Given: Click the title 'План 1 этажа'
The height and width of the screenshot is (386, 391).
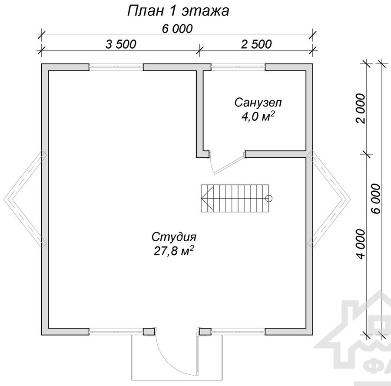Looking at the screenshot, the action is click(178, 11).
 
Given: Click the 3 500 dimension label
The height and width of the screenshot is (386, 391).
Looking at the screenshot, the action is click(121, 44).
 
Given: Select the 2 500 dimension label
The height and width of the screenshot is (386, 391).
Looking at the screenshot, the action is click(256, 44).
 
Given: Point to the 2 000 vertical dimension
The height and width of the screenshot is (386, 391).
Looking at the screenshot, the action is click(361, 109).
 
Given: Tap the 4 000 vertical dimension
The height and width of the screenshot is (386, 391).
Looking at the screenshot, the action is click(361, 244).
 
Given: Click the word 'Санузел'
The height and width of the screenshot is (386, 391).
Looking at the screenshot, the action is click(258, 103).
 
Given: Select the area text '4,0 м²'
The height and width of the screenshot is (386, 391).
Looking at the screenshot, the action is click(258, 116).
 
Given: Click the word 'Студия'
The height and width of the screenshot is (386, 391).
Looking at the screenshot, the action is click(174, 237).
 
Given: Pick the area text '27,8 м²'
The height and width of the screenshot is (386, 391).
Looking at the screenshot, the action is click(174, 251).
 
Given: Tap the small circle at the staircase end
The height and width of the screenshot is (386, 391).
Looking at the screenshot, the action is click(269, 199).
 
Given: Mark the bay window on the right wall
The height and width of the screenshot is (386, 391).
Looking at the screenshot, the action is click(329, 199).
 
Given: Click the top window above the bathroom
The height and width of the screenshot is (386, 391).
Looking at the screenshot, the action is click(238, 67).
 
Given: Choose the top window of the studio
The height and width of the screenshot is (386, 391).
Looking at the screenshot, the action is click(116, 67).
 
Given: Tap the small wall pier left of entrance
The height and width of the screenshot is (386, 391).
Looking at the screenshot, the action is click(149, 331).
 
